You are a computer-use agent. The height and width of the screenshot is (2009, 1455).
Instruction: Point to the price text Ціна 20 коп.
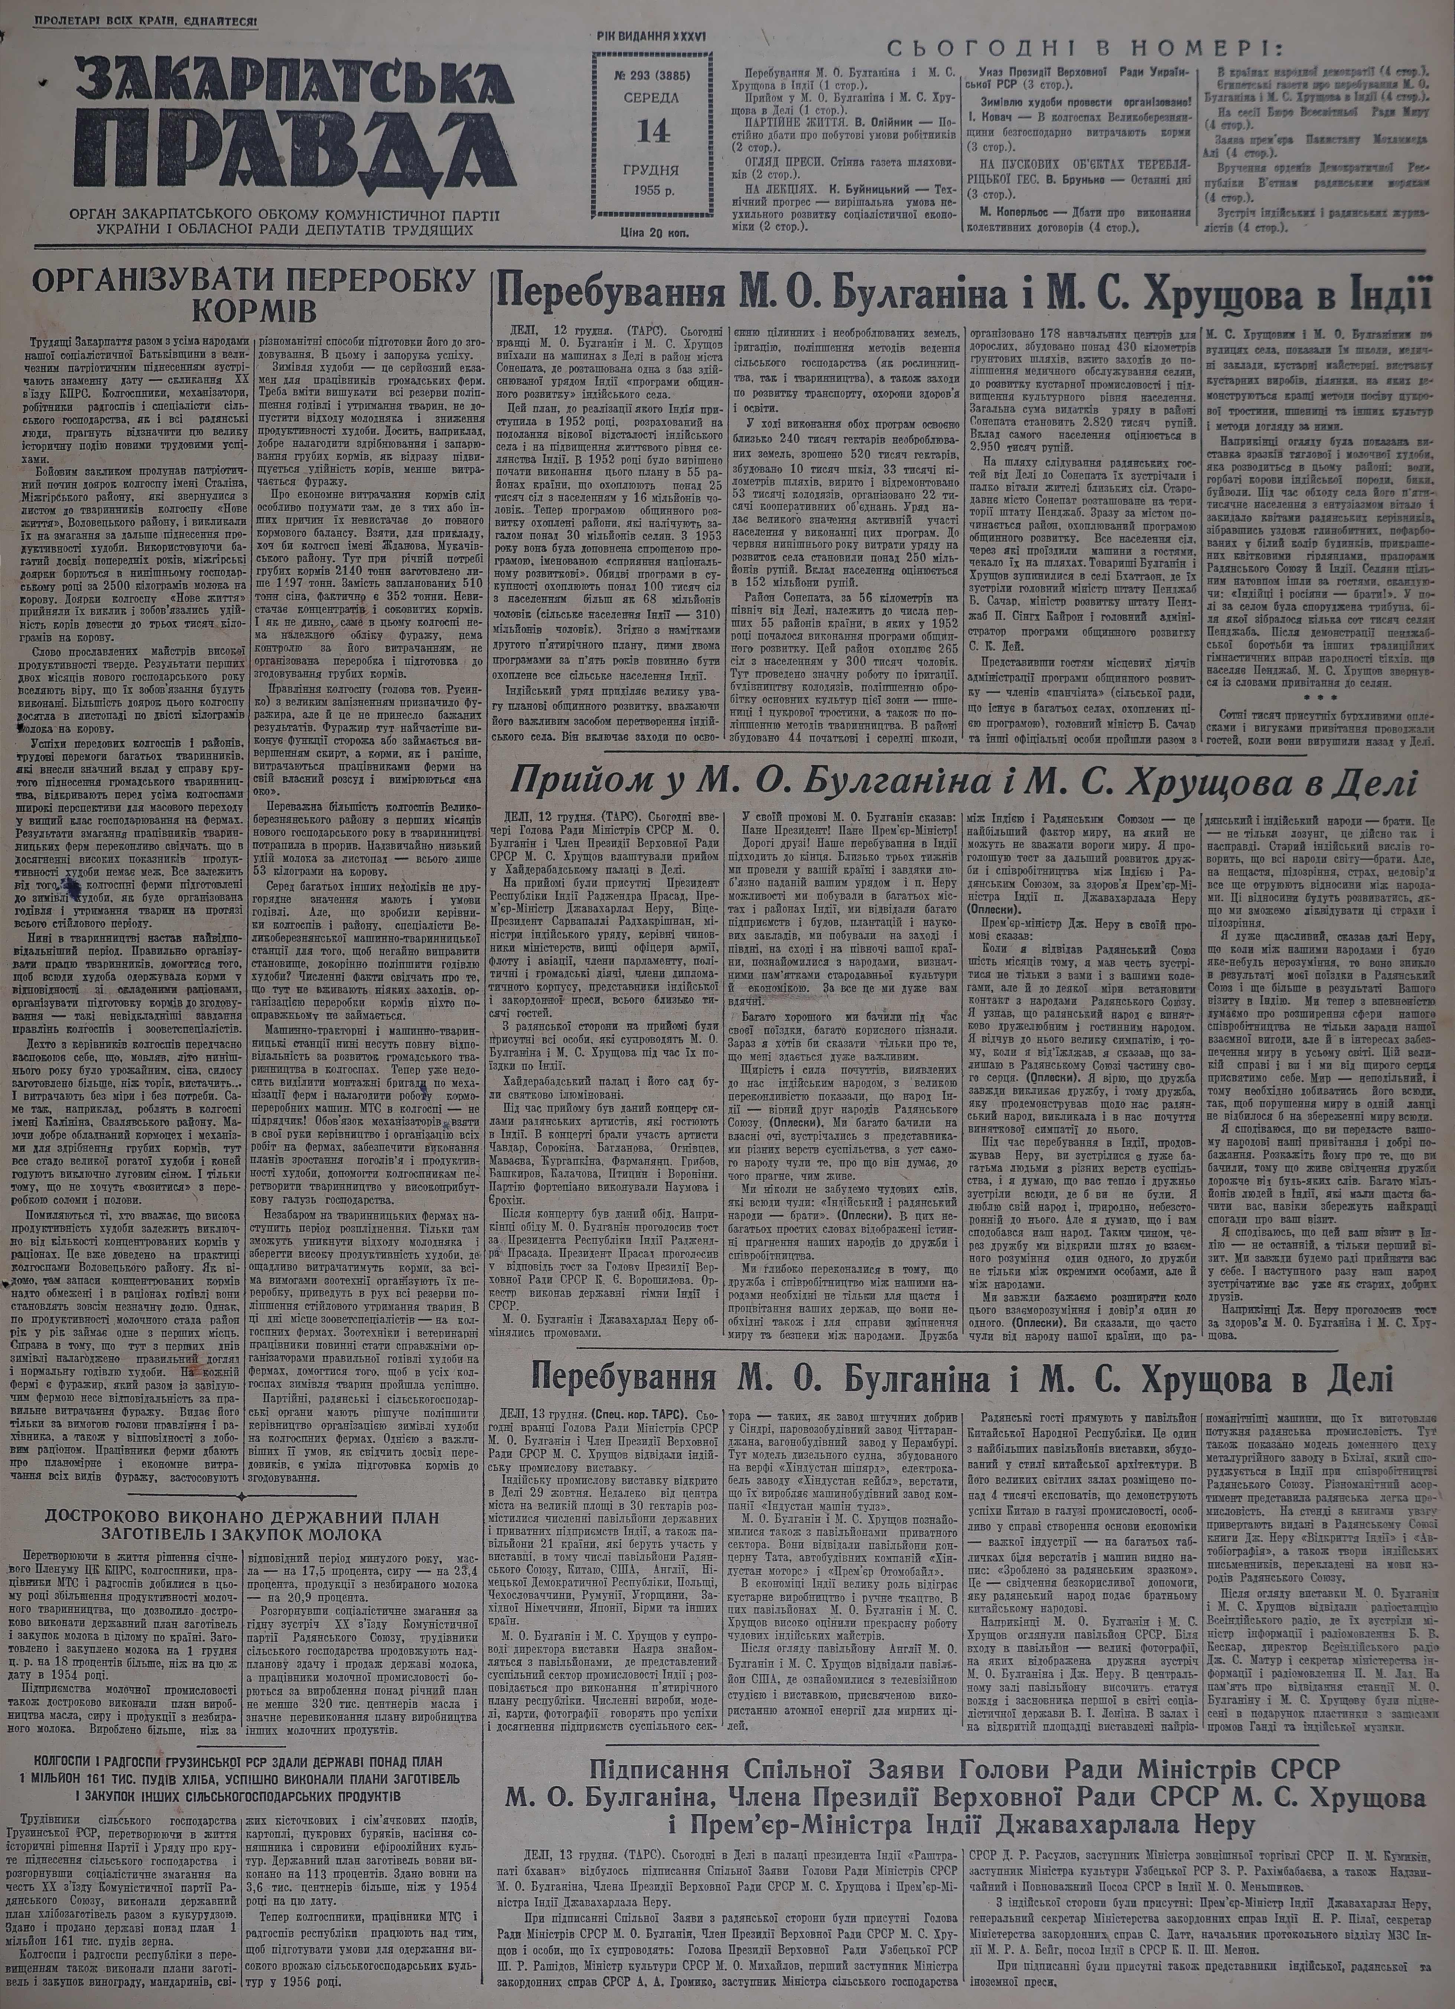[656, 232]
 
